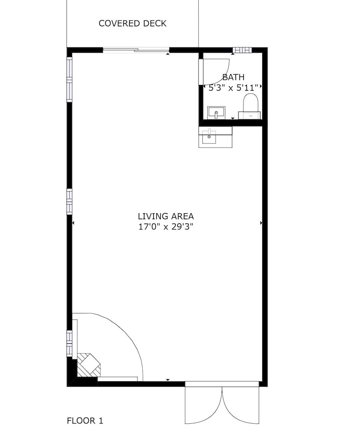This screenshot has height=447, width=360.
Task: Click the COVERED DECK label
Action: [133, 23]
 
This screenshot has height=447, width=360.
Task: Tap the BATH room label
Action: [233, 77]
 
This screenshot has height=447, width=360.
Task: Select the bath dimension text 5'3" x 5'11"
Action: [233, 88]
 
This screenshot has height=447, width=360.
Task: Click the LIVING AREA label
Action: [166, 216]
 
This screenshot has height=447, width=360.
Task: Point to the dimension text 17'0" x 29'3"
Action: [166, 227]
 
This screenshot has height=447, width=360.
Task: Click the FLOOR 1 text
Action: [85, 421]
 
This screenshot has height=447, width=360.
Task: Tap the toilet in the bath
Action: [250, 107]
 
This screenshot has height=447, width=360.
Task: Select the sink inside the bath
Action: [217, 113]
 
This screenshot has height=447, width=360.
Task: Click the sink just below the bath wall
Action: [215, 137]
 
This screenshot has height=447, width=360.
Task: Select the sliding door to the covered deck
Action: [136, 50]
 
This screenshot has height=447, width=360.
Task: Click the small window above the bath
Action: [243, 50]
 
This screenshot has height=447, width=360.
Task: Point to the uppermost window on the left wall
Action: [70, 79]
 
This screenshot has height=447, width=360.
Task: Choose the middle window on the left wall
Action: [70, 201]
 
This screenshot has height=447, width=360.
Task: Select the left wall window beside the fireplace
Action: [70, 343]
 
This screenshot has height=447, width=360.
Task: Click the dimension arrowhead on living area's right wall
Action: [261, 223]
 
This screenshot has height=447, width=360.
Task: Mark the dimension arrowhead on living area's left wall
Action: [73, 223]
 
